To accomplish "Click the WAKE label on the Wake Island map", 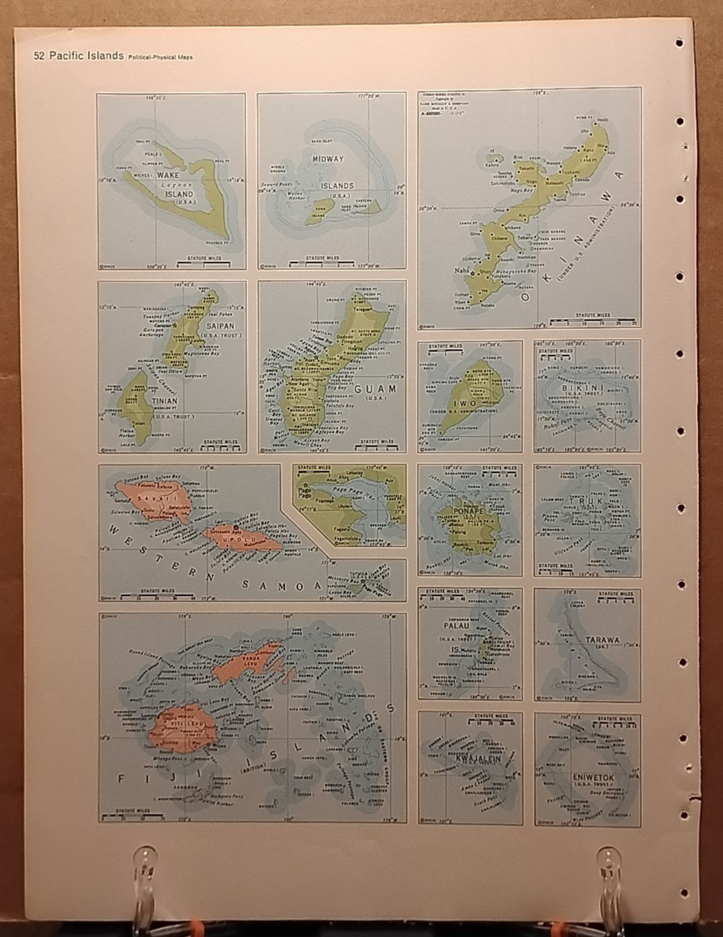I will pos(168,176).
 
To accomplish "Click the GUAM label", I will pos(376,389).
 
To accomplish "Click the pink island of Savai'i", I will pos(153,499).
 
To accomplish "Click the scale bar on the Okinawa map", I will pos(592,321).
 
